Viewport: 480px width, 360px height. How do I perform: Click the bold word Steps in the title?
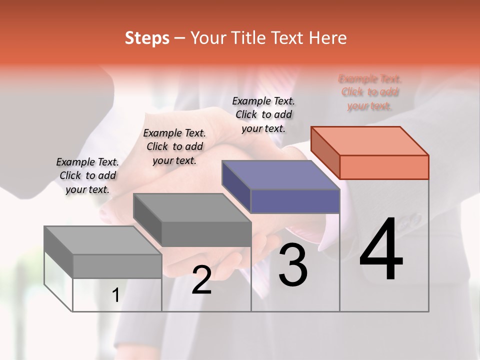click(147, 38)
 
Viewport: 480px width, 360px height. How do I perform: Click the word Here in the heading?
click(328, 38)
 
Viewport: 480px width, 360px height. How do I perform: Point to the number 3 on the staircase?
click(293, 265)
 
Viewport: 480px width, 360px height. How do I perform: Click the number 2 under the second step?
click(201, 280)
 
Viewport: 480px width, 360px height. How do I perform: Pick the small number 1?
click(116, 295)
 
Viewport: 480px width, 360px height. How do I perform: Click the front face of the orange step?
click(384, 167)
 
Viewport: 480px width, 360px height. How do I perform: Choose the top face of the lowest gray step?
click(103, 240)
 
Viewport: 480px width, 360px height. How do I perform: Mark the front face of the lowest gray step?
click(117, 266)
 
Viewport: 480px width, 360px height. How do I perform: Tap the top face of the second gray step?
click(192, 208)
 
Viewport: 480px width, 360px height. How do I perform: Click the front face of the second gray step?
click(206, 234)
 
